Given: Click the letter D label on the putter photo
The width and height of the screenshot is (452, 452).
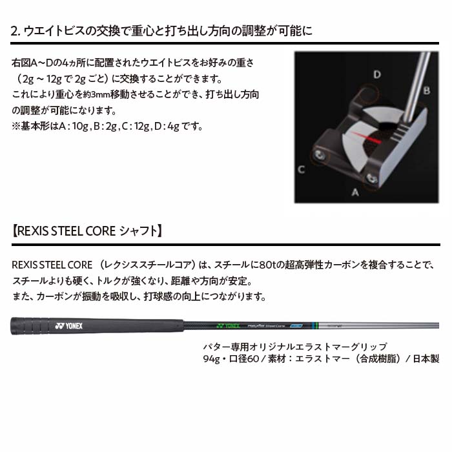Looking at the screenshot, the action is coord(377,74).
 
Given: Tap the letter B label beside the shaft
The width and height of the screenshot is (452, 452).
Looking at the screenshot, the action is coord(427,90).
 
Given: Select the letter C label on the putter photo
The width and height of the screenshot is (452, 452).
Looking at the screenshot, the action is coord(302,169).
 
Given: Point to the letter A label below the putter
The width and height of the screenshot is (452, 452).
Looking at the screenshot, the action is coord(355,192).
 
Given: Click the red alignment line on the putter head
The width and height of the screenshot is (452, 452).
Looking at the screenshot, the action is coord(366,138).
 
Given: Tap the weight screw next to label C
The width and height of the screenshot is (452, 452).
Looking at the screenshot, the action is coord(320,155).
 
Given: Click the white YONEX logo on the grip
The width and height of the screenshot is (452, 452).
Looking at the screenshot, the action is coord(69,326).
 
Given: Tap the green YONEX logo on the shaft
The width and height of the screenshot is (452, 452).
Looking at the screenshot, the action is coord(229,325).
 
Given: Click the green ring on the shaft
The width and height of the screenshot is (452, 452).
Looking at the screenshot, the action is coord(317,325).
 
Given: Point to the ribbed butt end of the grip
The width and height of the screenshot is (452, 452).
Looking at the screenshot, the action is coord(30,326).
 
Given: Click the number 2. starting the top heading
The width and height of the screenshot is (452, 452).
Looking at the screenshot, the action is coord(15,31).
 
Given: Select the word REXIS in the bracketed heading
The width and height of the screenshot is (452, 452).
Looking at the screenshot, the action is coord(33,231).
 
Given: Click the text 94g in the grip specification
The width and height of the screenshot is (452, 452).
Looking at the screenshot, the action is coord(211,359).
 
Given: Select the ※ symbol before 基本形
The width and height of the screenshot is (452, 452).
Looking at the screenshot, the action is coord(16,127).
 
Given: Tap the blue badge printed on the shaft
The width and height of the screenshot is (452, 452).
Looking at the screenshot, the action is coord(296,325).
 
